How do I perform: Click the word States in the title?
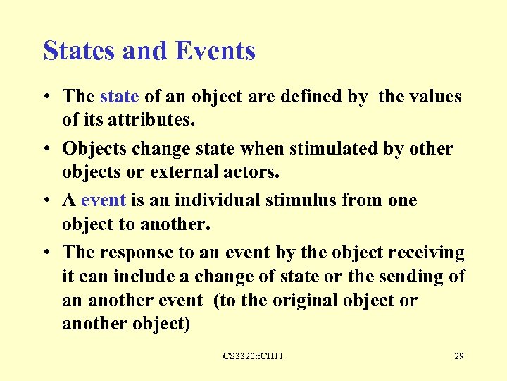pos(77,51)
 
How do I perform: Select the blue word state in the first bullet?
pos(120,96)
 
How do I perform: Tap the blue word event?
pos(104,200)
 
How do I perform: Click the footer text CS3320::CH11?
pos(254,356)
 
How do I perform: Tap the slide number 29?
pos(458,356)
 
